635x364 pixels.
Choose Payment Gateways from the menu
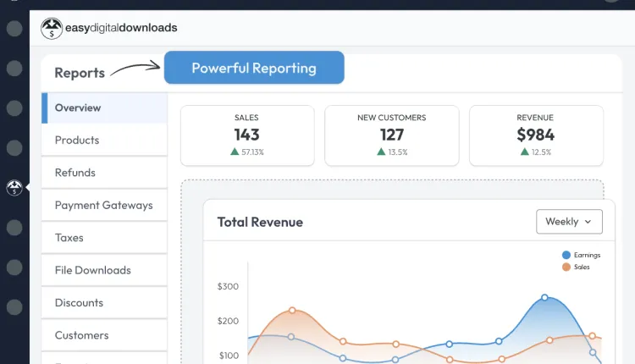(104, 206)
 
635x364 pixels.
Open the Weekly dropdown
(569, 222)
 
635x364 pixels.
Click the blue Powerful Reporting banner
(254, 68)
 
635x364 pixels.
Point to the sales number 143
(246, 135)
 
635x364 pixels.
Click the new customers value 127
(392, 135)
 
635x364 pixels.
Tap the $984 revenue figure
(535, 135)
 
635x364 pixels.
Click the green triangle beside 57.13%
(235, 152)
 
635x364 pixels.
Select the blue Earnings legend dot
(566, 255)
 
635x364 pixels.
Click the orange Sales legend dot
(566, 267)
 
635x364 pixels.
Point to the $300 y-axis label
(228, 287)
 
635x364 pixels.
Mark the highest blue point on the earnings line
(544, 298)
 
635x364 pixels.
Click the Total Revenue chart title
(260, 222)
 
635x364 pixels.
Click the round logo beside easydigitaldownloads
(52, 28)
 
